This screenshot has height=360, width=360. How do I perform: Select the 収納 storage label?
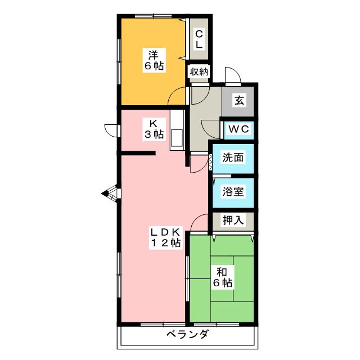coord(199,71)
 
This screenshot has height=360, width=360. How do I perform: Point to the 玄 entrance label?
coord(239,101)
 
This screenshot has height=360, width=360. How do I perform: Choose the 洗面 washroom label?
coord(233,158)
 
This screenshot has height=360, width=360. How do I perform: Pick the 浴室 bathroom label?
coord(233,191)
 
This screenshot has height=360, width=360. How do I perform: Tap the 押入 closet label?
coord(233,220)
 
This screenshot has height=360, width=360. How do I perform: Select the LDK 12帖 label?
coord(165,237)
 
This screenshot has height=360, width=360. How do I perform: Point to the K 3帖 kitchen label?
coord(152,129)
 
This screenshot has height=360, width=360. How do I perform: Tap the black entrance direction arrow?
coord(105,194)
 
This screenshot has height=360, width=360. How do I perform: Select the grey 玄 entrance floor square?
coord(239,101)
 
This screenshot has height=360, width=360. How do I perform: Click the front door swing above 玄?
coord(231,75)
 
